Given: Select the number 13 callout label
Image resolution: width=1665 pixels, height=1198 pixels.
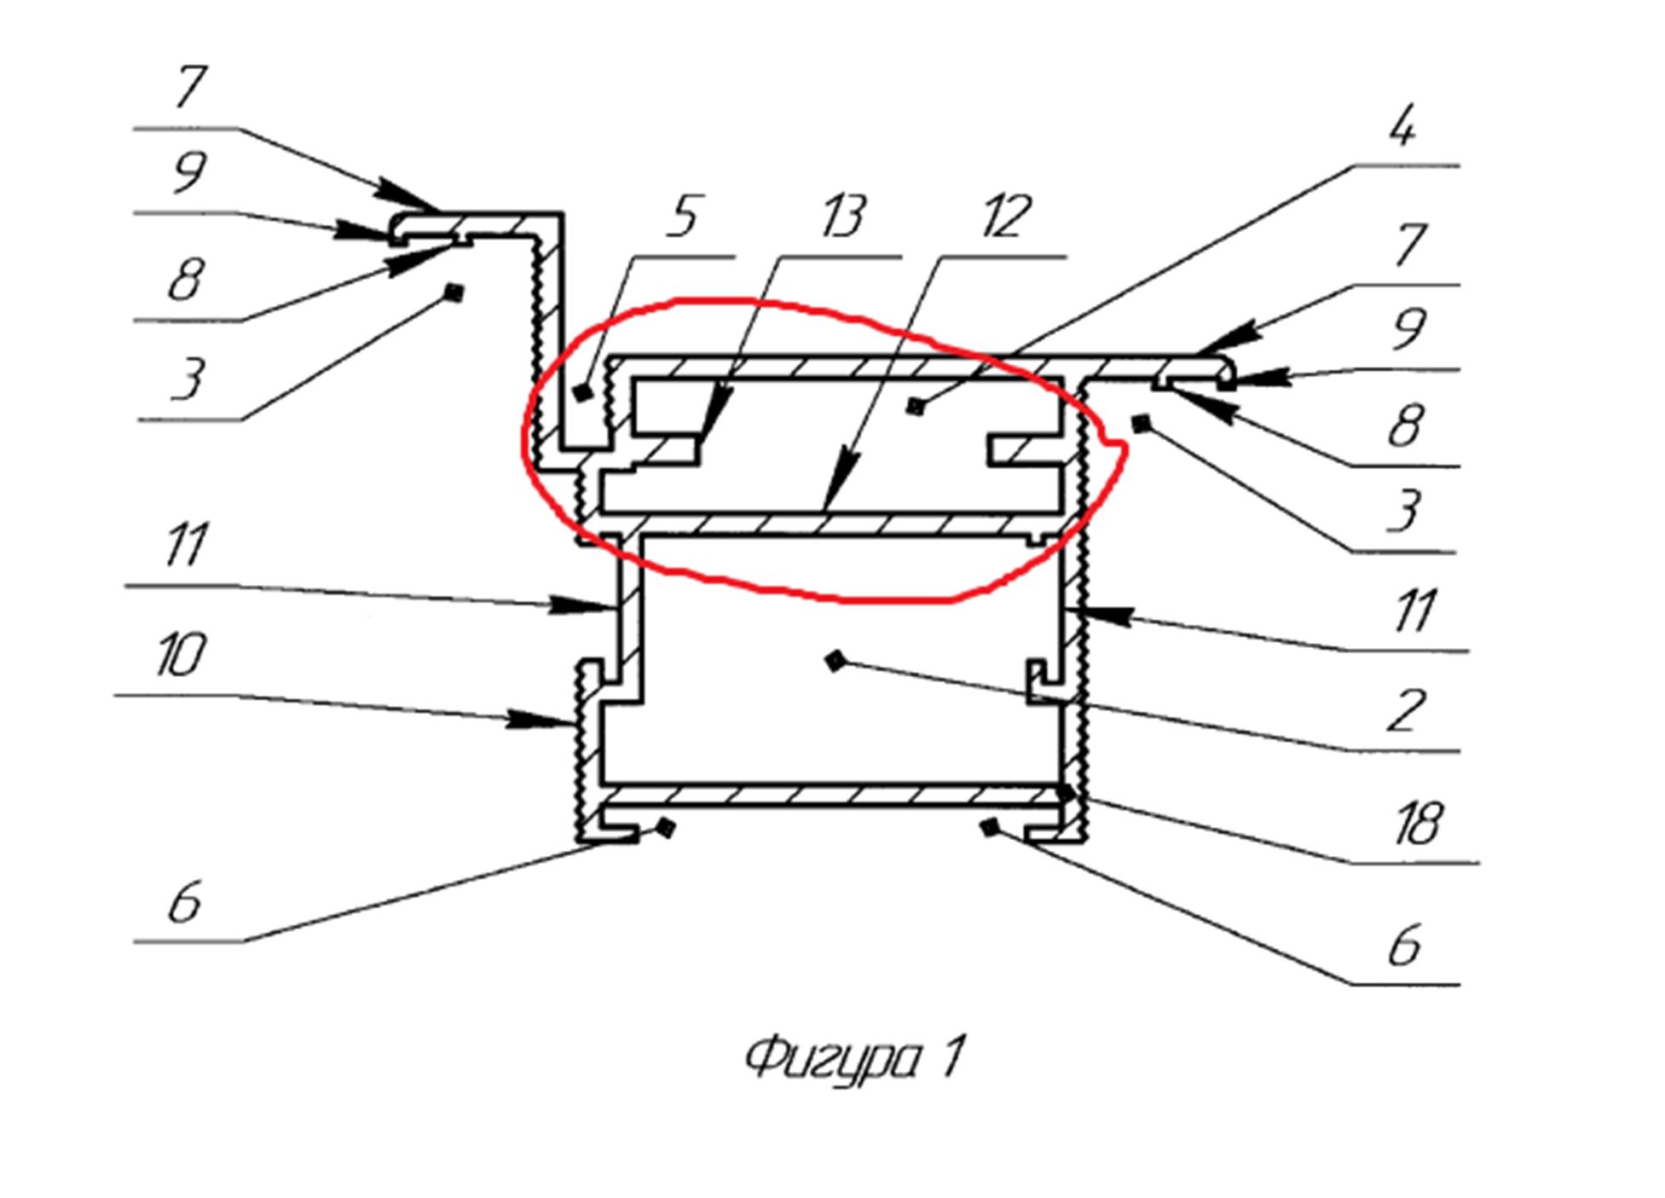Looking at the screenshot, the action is [842, 217].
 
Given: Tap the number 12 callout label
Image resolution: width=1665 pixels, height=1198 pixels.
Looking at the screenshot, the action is [1007, 217].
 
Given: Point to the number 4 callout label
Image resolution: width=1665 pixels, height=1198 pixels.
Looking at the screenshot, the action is [1402, 128].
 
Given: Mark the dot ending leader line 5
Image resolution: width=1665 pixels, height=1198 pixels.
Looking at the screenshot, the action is [583, 393].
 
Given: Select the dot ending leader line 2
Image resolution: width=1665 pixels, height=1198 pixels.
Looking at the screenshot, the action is [836, 660].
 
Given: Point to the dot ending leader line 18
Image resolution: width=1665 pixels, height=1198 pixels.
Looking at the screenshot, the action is [1067, 793].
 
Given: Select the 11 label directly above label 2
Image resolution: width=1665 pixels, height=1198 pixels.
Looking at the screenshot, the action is [1415, 611].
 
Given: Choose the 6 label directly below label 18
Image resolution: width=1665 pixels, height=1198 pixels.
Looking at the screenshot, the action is [1405, 946].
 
